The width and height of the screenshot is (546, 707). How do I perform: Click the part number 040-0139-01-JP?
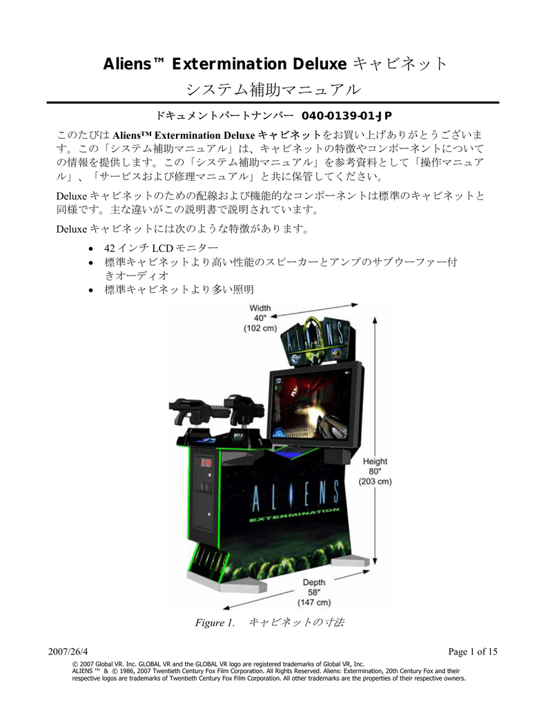pyautogui.click(x=347, y=115)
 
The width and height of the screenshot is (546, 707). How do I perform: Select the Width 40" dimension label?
pyautogui.click(x=260, y=318)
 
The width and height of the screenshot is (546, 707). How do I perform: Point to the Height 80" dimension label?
pyautogui.click(x=375, y=471)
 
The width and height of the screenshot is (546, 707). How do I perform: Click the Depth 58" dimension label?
pyautogui.click(x=314, y=592)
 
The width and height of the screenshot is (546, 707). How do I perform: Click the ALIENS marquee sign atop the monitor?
pyautogui.click(x=317, y=338)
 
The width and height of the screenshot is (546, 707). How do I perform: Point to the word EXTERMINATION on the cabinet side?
pyautogui.click(x=294, y=516)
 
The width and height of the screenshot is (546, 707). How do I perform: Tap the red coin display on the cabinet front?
pyautogui.click(x=206, y=462)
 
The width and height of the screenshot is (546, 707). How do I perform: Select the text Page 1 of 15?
pyautogui.click(x=473, y=652)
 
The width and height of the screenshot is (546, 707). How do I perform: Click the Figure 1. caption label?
pyautogui.click(x=215, y=623)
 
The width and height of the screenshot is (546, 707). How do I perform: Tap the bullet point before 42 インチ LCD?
pyautogui.click(x=91, y=249)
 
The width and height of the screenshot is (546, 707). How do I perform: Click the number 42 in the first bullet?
pyautogui.click(x=110, y=248)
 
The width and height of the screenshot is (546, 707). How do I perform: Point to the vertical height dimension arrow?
pyautogui.click(x=375, y=441)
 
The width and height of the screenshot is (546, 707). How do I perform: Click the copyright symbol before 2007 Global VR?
pyautogui.click(x=75, y=664)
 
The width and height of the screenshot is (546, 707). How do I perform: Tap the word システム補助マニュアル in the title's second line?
pyautogui.click(x=273, y=89)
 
